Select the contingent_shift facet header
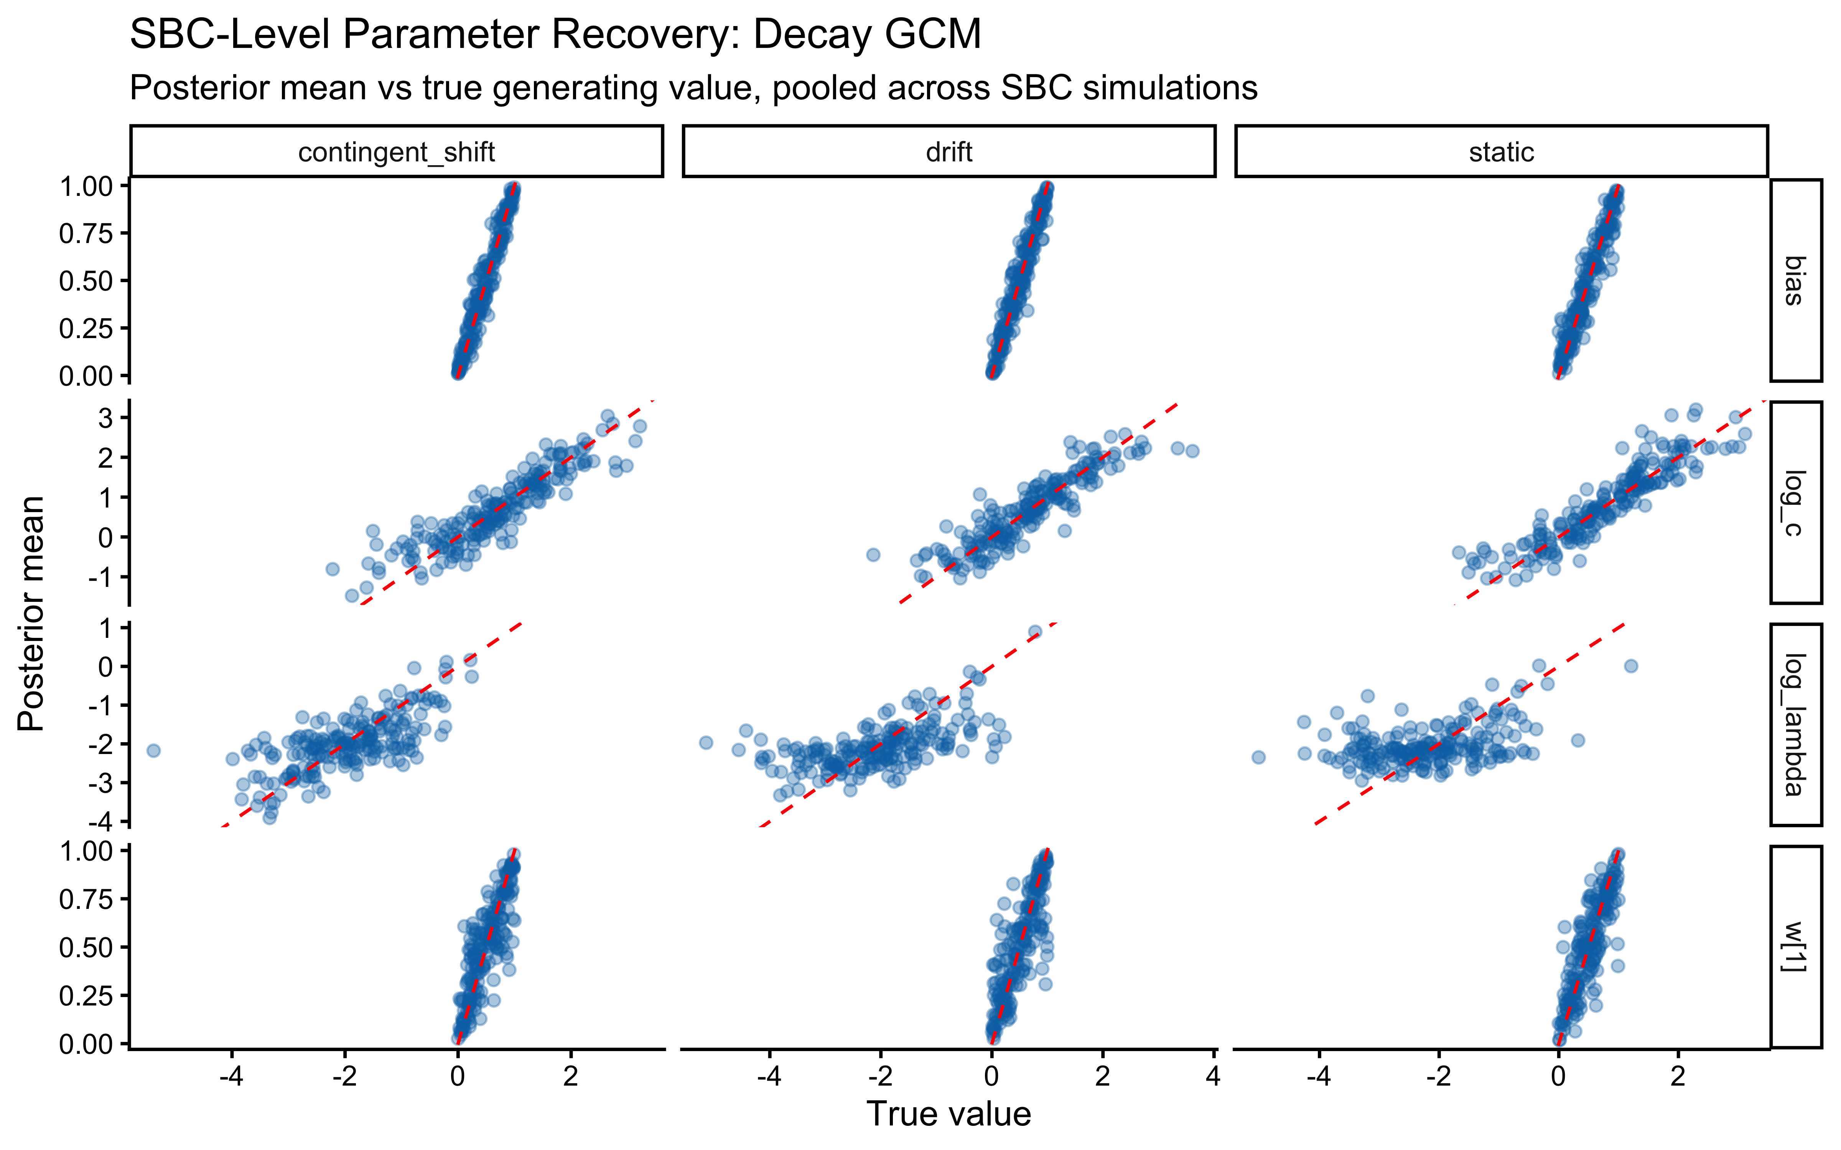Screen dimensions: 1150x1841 tap(396, 152)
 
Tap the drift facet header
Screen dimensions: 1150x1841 tap(948, 152)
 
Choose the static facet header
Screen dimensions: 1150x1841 tap(1501, 152)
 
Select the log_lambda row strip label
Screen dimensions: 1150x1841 tap(1795, 724)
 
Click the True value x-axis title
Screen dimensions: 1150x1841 tap(948, 1114)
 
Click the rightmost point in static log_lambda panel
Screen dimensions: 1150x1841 tap(1630, 666)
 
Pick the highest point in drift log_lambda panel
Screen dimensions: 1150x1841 tap(1035, 632)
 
